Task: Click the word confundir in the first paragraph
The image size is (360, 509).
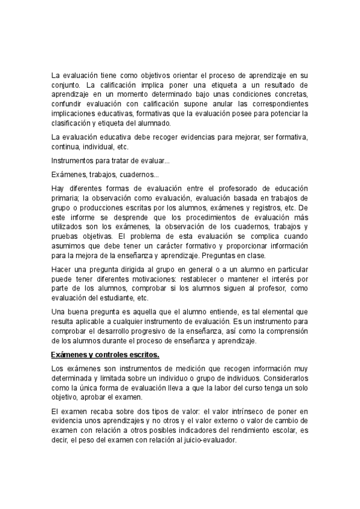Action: tap(67, 104)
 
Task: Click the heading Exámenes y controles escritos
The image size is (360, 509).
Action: tap(103, 355)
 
